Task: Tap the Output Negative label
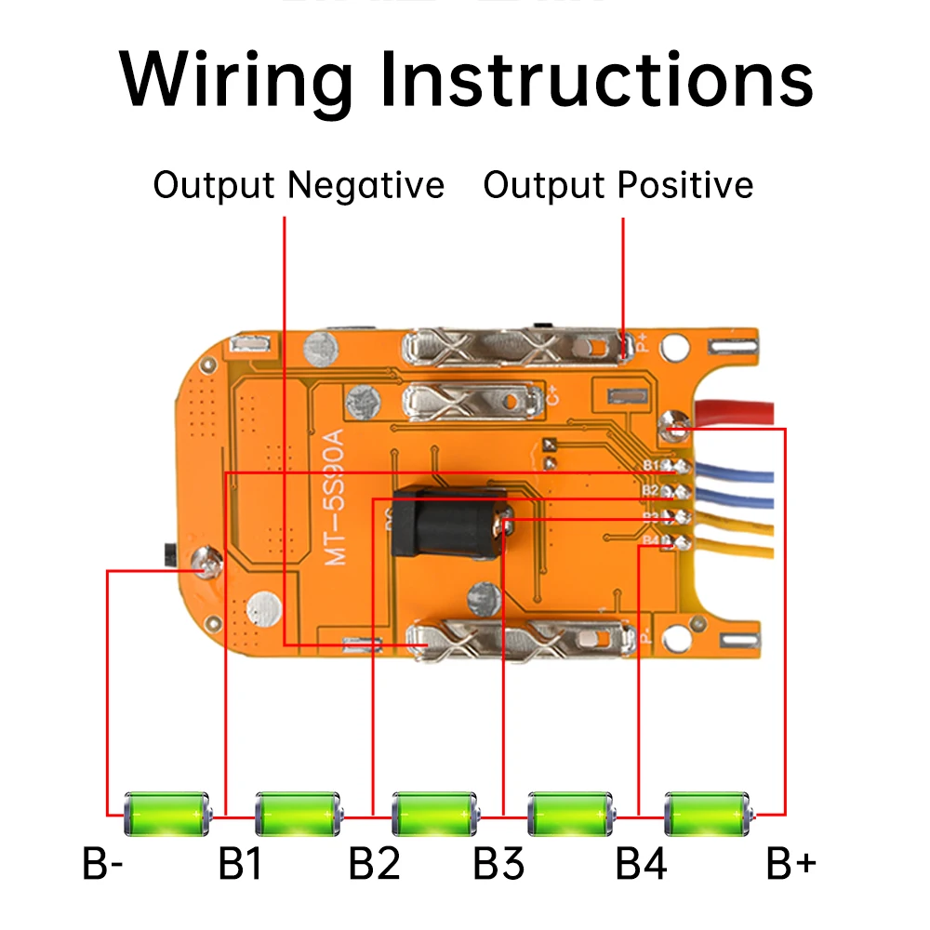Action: [x=299, y=185]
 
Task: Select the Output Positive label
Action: [x=618, y=185]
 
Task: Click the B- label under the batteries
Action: [x=103, y=865]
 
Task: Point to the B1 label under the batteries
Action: [x=240, y=865]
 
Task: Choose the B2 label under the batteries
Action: [x=374, y=865]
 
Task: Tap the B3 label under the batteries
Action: [x=499, y=865]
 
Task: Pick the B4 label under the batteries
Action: [x=641, y=865]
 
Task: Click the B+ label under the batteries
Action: [x=790, y=865]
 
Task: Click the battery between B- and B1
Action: [x=167, y=814]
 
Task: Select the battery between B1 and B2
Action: [x=299, y=814]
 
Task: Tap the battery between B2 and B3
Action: [x=435, y=814]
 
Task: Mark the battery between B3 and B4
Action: [x=571, y=814]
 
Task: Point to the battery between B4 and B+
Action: [x=708, y=814]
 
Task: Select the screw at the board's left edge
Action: [x=204, y=561]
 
